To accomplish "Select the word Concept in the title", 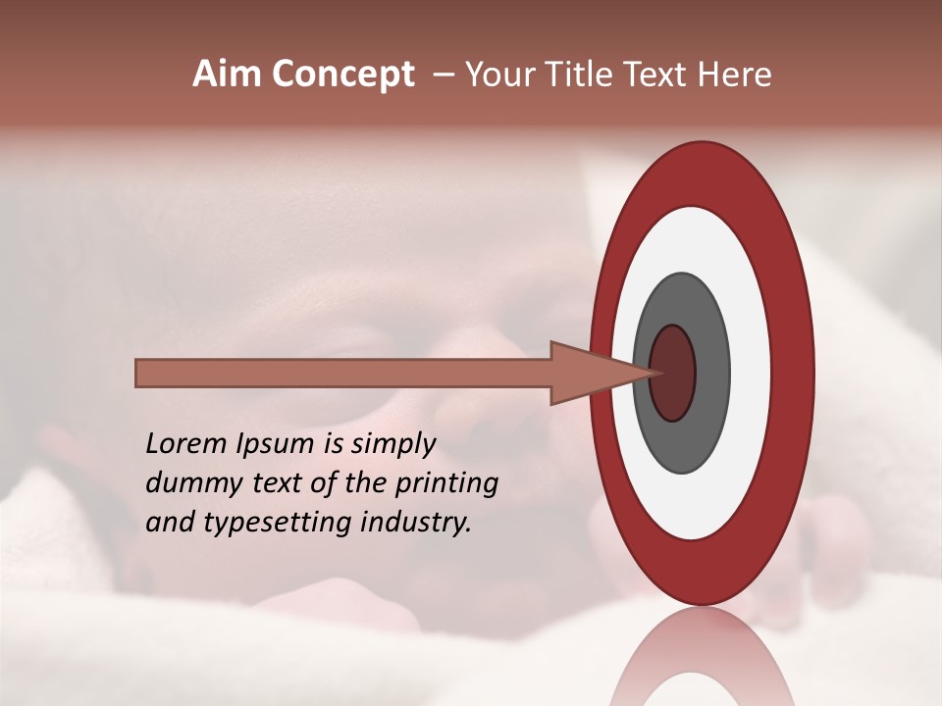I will (x=343, y=75).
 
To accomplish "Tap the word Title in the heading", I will (x=588, y=75).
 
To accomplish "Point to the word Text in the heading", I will (x=658, y=75).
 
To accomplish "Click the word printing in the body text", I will (x=447, y=483).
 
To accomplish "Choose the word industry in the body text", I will (x=416, y=523).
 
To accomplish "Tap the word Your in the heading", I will (x=497, y=75).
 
